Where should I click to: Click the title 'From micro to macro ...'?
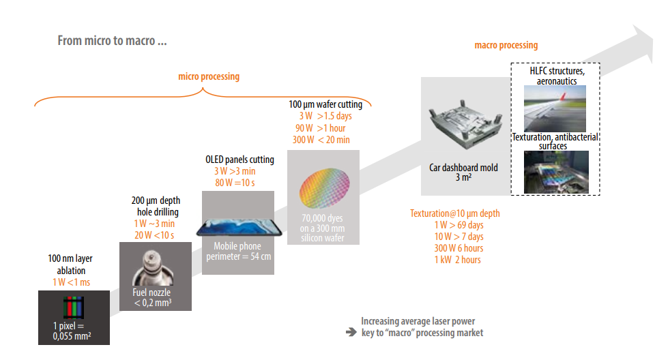click(112, 40)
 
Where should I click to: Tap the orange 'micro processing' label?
click(209, 76)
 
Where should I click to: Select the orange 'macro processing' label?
click(506, 45)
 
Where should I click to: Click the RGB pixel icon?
click(74, 307)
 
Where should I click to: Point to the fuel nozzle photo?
click(153, 268)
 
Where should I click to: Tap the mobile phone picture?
click(239, 227)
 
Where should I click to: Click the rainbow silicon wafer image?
click(324, 188)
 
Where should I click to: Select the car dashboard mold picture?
click(465, 124)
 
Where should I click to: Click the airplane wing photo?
click(555, 108)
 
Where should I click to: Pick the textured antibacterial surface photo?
click(557, 172)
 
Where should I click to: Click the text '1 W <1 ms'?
click(71, 282)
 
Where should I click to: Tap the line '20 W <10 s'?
click(154, 235)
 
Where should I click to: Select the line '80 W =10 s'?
click(235, 183)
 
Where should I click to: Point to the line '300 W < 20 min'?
click(321, 140)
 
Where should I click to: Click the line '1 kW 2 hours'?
click(457, 260)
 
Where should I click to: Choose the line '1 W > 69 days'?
click(458, 225)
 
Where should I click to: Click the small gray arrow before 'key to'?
click(351, 333)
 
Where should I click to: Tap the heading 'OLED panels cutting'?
click(239, 160)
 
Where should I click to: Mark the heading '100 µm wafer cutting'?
click(325, 104)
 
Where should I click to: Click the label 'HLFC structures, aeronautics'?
click(557, 76)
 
